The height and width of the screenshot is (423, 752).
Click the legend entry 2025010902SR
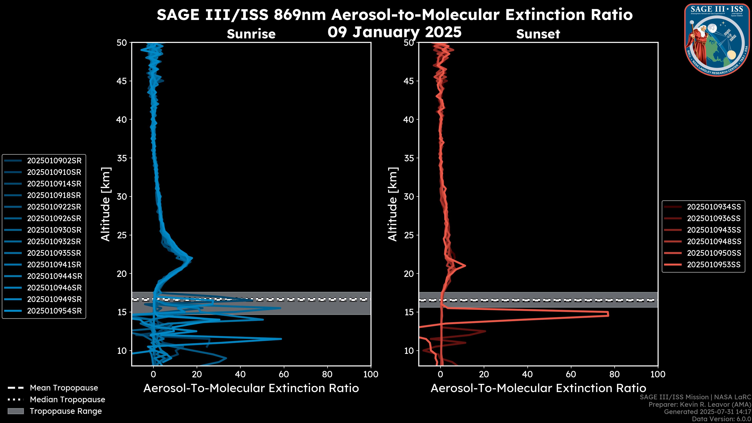click(x=54, y=161)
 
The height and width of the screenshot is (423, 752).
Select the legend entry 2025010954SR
click(x=54, y=311)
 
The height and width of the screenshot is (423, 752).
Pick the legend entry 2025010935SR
click(x=54, y=253)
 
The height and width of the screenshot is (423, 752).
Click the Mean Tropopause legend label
click(x=64, y=388)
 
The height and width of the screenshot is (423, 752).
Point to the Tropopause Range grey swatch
click(x=16, y=411)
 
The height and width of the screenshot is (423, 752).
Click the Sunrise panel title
click(x=251, y=34)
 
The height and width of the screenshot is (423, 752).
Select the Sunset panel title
click(x=538, y=34)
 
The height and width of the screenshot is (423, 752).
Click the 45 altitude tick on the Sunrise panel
click(x=122, y=81)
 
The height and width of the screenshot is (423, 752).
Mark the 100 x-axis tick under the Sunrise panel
click(x=371, y=374)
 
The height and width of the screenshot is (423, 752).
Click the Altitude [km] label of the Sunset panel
click(x=393, y=204)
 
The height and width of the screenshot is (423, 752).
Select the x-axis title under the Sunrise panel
click(x=251, y=388)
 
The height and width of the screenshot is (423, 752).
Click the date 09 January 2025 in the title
click(x=394, y=32)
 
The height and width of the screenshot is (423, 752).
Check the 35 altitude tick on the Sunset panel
click(x=409, y=158)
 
